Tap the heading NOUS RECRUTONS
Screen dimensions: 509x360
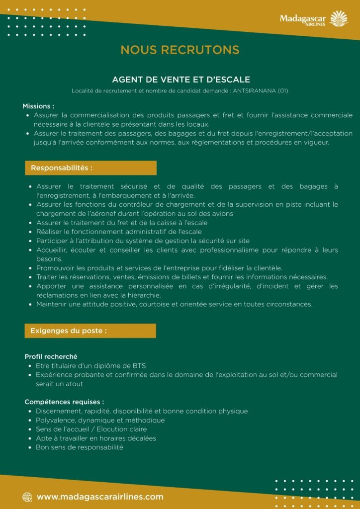pyautogui.click(x=180, y=50)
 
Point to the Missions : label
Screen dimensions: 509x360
pyautogui.click(x=38, y=106)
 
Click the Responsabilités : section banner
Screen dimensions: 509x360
pyautogui.click(x=90, y=168)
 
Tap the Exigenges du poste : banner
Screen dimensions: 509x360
pyautogui.click(x=90, y=331)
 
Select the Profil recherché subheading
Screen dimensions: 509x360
pyautogui.click(x=51, y=356)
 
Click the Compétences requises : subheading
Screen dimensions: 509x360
pyautogui.click(x=64, y=402)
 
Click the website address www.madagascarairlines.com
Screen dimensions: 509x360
pyautogui.click(x=100, y=497)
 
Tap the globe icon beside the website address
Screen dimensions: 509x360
pyautogui.click(x=27, y=497)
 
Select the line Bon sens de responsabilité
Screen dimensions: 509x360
pyautogui.click(x=79, y=447)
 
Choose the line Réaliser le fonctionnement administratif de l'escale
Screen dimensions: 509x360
pyautogui.click(x=119, y=232)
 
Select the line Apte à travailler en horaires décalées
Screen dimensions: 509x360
pyautogui.click(x=95, y=438)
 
